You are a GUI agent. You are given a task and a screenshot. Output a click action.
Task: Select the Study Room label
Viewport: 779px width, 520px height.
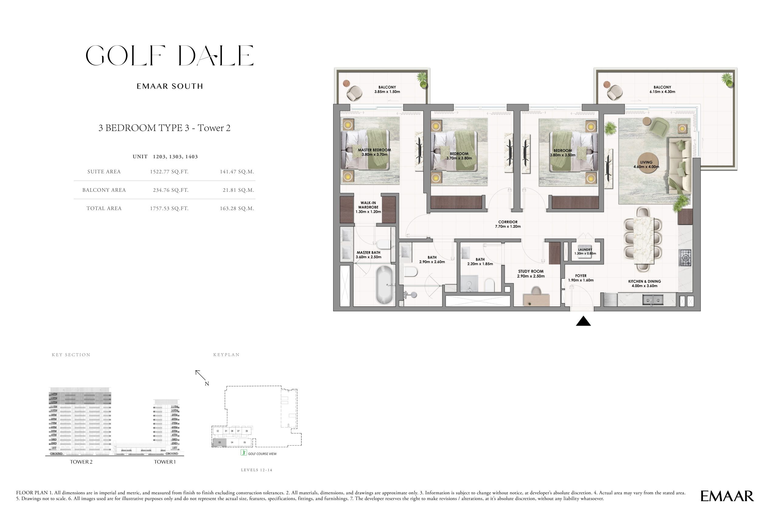[x=531, y=274]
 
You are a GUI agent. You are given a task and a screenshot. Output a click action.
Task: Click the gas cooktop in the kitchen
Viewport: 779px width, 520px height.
[x=685, y=258]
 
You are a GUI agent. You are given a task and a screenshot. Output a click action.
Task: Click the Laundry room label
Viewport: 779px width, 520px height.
[x=585, y=251]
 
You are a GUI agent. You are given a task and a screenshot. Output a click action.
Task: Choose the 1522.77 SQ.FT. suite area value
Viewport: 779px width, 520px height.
[x=169, y=172]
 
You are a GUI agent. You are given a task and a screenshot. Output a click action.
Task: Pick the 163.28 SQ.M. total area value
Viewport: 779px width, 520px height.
[x=237, y=209]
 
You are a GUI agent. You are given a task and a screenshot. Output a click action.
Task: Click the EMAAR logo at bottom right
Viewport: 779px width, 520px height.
[x=727, y=496]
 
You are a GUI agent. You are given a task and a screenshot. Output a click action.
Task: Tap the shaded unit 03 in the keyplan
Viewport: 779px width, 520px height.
[x=219, y=442]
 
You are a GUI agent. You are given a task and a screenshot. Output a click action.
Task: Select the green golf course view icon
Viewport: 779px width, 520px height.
[x=244, y=452]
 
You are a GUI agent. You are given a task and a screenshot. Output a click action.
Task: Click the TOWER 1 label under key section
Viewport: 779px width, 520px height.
[x=165, y=462]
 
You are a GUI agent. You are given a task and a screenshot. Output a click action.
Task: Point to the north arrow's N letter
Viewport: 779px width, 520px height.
[x=207, y=384]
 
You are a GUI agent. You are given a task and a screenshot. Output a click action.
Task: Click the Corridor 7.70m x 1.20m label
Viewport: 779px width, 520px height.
[x=508, y=224]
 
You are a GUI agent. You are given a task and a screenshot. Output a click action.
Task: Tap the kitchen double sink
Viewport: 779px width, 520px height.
[x=653, y=300]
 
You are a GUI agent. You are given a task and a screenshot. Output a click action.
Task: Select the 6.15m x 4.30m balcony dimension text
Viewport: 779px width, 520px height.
[x=662, y=92]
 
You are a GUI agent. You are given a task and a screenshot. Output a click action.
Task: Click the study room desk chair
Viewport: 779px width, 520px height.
[x=536, y=291]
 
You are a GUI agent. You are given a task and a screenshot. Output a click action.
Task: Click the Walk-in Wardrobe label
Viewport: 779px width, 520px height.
[x=368, y=207]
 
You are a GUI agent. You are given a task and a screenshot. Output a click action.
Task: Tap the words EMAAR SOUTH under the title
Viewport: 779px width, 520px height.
[x=170, y=86]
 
